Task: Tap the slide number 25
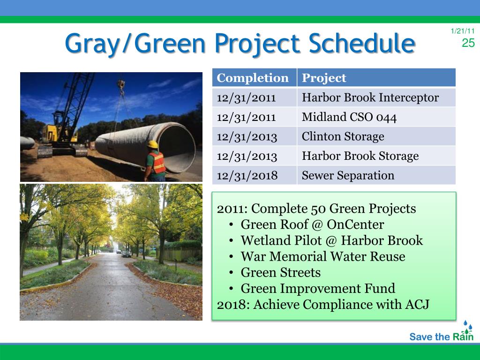tap(468, 43)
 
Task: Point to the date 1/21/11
tap(463, 31)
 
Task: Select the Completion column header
tap(253, 78)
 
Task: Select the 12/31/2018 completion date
tap(247, 175)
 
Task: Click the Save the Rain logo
tap(442, 331)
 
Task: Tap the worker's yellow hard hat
tap(152, 144)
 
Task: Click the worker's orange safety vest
tap(158, 163)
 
